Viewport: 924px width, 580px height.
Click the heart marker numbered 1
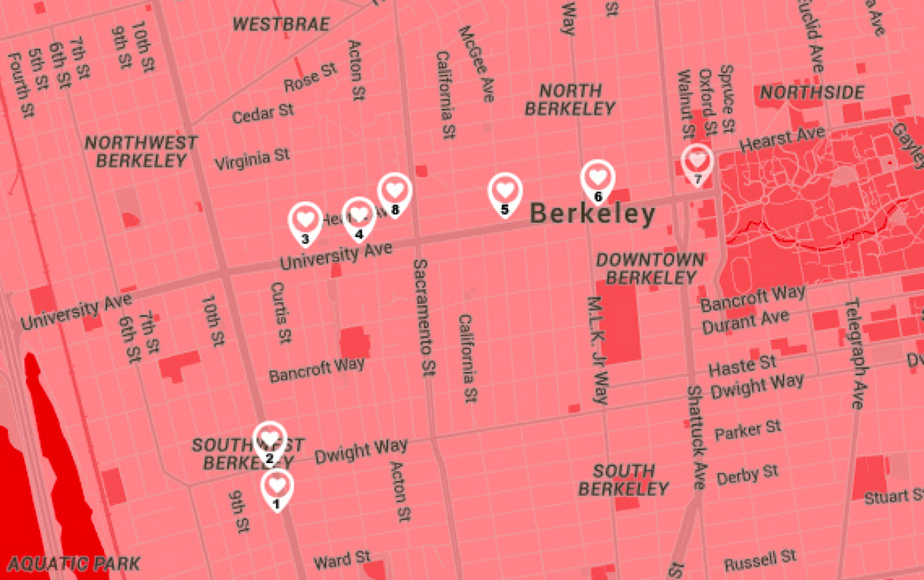(x=277, y=486)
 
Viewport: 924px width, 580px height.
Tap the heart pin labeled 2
(x=269, y=440)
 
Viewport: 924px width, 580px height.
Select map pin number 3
(x=305, y=220)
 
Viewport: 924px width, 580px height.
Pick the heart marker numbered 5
(x=504, y=190)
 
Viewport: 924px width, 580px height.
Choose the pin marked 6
(x=598, y=178)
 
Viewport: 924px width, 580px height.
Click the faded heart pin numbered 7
(x=698, y=163)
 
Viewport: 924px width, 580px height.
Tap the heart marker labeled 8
(x=394, y=190)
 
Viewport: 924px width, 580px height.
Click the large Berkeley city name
(x=593, y=214)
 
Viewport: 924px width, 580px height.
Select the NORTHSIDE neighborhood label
(x=812, y=93)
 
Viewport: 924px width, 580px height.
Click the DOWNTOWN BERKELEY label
(x=650, y=269)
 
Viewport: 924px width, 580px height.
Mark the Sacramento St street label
(x=422, y=317)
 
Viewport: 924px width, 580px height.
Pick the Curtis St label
(x=281, y=312)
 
